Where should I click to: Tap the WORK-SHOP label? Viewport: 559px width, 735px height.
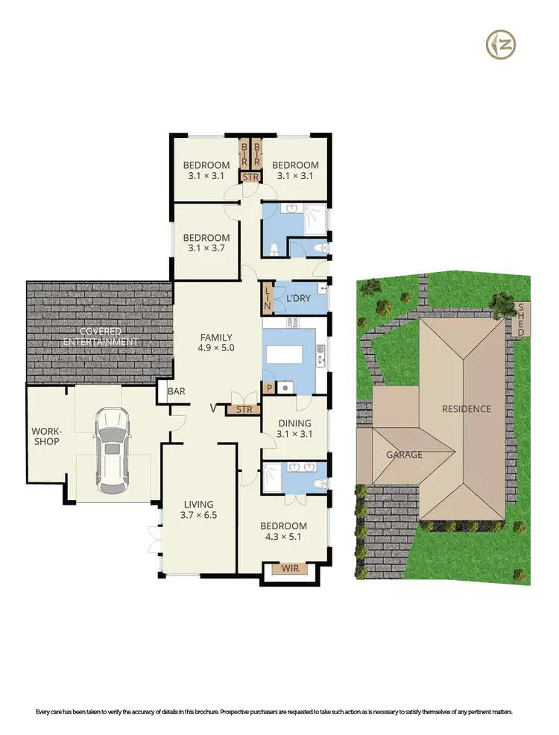click(x=45, y=436)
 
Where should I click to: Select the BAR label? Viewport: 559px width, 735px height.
click(x=176, y=391)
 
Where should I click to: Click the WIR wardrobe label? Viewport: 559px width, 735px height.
click(x=290, y=570)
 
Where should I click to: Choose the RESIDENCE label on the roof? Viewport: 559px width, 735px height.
click(x=467, y=408)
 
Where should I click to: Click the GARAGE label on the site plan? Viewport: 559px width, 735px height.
click(x=404, y=454)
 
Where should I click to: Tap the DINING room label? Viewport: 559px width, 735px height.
click(x=294, y=423)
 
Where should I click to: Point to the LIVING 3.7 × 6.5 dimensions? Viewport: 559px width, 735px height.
click(x=198, y=515)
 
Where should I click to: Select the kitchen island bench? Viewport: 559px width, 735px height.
click(x=291, y=354)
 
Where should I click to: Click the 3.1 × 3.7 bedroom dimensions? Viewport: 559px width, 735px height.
click(x=209, y=248)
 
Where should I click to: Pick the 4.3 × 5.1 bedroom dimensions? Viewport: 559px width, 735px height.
click(x=285, y=537)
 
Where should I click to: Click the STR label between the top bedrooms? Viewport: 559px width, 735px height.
click(x=249, y=177)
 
